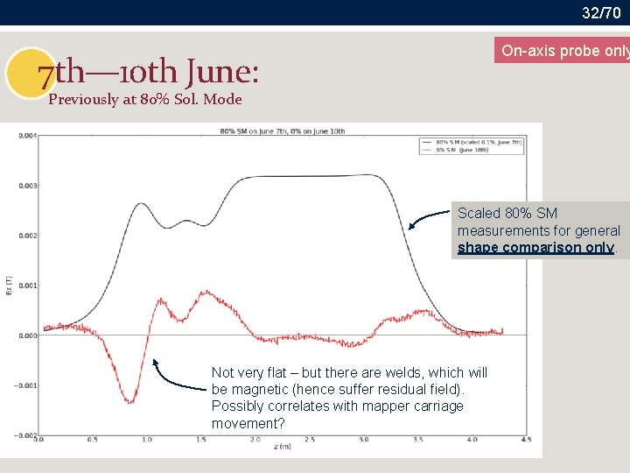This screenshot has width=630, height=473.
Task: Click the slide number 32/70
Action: point(601,12)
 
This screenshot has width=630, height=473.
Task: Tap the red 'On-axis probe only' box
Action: point(563,51)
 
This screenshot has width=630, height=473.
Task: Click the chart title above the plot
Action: point(283,131)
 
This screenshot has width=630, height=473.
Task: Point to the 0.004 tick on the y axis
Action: point(28,136)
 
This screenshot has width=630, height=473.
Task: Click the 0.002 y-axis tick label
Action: point(28,236)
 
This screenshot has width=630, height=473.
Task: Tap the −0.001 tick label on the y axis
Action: point(26,385)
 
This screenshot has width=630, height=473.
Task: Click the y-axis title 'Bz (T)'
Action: point(10,286)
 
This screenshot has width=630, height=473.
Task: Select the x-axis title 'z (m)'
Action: point(283,448)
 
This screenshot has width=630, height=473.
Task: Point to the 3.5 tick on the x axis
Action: point(417,440)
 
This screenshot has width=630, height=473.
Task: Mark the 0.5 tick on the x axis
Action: point(94,440)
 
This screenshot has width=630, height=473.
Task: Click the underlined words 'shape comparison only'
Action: point(535,248)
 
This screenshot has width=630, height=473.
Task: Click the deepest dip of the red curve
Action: point(129,401)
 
